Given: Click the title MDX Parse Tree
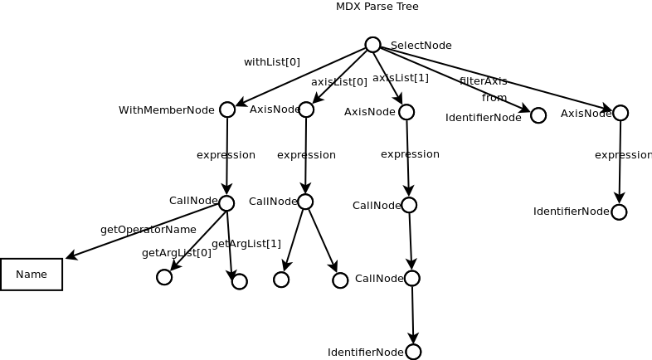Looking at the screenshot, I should point(377,7).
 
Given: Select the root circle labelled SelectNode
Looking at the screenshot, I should point(372,45).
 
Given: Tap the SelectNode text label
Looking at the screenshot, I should point(421,46).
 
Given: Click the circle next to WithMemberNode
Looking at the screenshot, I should point(227,109).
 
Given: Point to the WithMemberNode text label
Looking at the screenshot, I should point(166,110).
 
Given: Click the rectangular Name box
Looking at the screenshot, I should point(32,275).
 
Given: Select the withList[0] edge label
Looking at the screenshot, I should point(271,62).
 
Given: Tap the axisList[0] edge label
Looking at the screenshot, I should point(338,82).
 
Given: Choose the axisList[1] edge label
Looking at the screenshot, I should point(400,78).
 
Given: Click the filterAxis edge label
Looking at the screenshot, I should point(483,81).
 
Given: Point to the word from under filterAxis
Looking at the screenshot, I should point(494,98).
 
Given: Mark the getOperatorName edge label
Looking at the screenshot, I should point(148,230).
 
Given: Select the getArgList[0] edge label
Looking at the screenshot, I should point(176,253).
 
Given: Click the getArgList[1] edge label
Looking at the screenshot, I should point(246,244).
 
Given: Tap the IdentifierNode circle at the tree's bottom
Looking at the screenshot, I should point(413,352).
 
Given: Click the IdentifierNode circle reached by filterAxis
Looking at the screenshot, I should point(538,115).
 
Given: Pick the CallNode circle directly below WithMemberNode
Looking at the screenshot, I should point(226,203).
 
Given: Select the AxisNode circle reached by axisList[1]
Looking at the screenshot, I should point(406,112).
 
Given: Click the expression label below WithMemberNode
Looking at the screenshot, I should point(226,155).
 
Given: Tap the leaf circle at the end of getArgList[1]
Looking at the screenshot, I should point(240,281).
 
